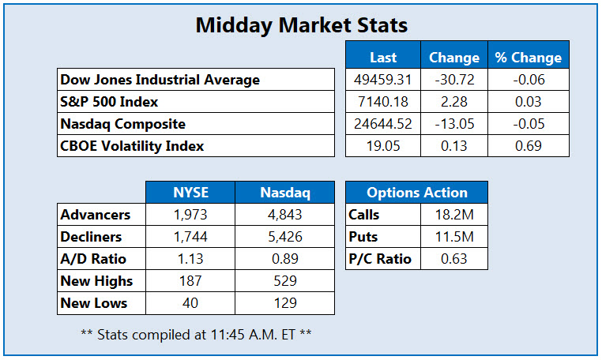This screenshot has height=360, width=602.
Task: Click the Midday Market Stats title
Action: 301,25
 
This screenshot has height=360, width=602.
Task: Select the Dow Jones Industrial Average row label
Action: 160,80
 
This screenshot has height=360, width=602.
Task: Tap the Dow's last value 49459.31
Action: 383,80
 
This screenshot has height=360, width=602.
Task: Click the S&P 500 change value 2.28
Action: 453,102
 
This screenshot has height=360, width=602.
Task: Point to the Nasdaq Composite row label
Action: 123,124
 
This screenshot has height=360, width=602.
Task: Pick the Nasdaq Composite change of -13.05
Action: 453,124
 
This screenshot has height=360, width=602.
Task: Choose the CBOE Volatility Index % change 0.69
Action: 528,146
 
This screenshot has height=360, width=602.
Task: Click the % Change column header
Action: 528,58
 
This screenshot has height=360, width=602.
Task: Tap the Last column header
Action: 383,58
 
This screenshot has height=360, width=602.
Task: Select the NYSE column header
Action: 190,193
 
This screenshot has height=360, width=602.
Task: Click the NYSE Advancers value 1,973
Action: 190,215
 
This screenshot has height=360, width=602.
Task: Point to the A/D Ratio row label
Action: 94,259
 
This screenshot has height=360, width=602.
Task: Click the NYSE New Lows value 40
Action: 190,303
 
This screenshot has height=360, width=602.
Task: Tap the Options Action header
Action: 416,193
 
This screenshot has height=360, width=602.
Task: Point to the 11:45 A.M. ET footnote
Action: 196,334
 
